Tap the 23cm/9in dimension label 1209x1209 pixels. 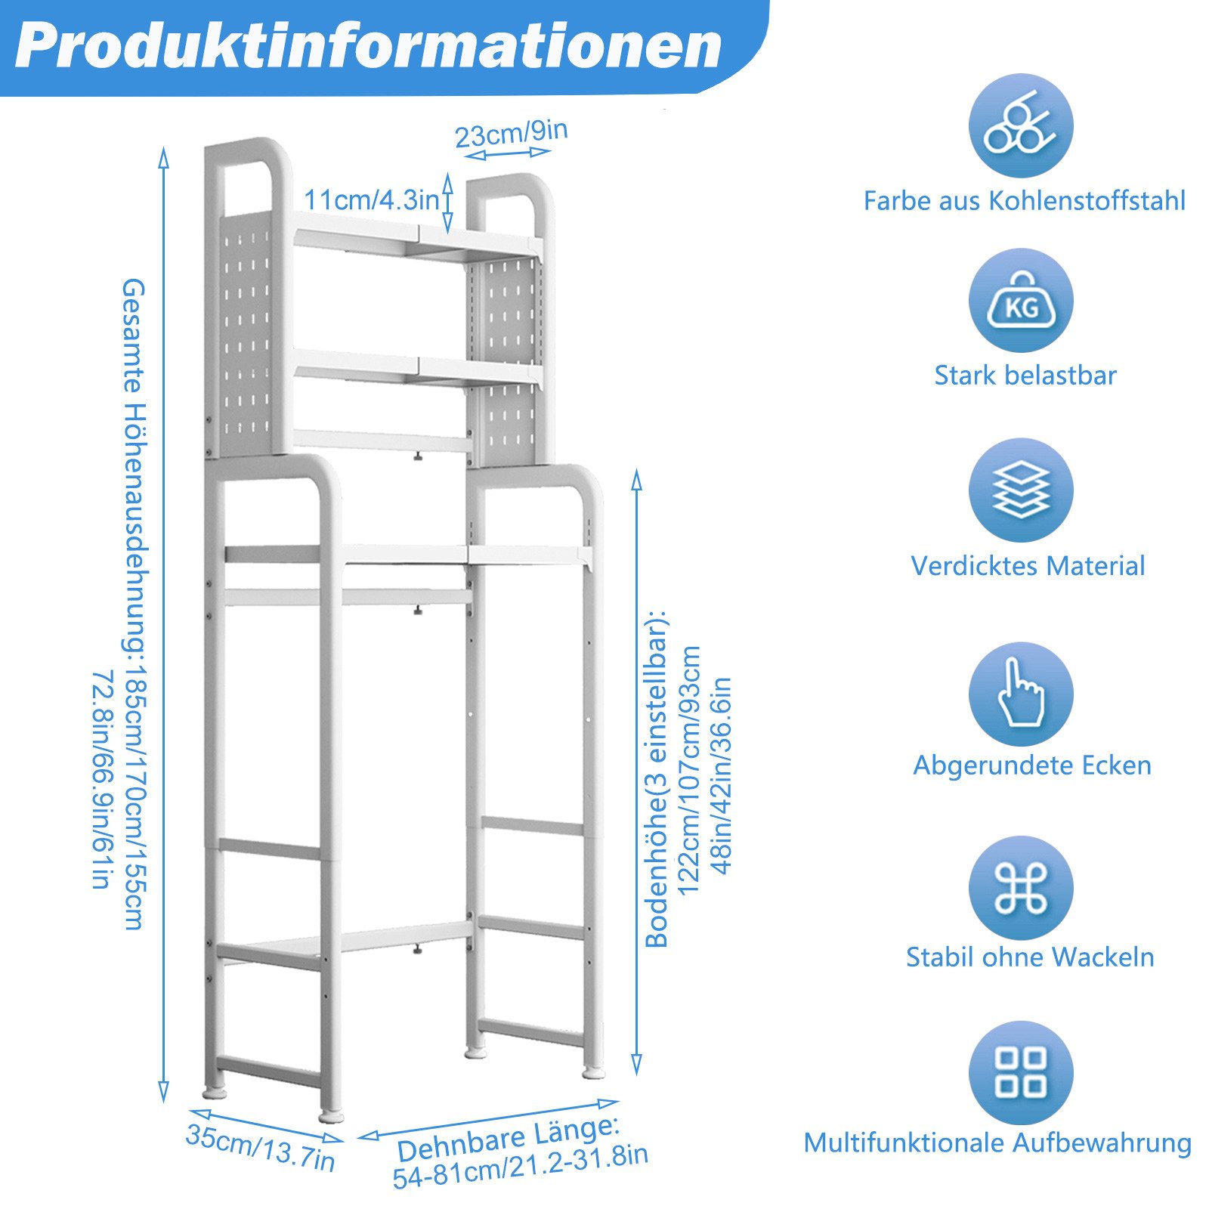pos(511,135)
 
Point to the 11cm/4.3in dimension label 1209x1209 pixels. pos(371,200)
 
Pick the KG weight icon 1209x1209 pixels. pos(1021,301)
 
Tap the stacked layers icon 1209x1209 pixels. pos(1021,490)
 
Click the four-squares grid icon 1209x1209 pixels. pos(1021,1072)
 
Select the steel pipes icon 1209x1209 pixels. pos(1021,125)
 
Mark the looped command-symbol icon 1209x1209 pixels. pos(1021,887)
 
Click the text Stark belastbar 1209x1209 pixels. pos(1025,376)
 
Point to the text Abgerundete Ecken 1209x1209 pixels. pos(1032,765)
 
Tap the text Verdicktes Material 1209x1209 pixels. pos(1028,566)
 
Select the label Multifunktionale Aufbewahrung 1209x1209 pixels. pos(997,1143)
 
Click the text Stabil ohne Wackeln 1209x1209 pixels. pos(1030,957)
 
